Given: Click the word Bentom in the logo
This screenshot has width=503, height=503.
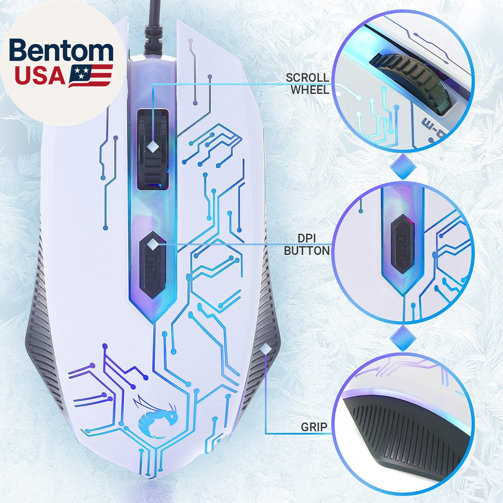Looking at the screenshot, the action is tap(61, 51).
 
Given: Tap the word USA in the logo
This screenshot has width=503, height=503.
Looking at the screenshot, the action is tap(40, 76).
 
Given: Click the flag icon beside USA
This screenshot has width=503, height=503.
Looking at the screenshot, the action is tap(91, 76).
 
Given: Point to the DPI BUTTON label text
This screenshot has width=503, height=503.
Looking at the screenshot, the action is tap(306, 244).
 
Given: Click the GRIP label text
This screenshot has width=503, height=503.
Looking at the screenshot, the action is tap(314, 427).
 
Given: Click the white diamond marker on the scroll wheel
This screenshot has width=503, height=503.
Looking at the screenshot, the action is tap(153, 146).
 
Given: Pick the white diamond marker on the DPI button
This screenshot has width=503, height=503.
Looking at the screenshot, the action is tap(153, 244).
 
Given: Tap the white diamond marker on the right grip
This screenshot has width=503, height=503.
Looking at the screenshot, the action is tap(266, 349).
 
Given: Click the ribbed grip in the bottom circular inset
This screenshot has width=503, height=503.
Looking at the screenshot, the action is tap(409, 436).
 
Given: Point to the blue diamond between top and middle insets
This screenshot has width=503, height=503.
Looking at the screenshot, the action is tap(403, 167).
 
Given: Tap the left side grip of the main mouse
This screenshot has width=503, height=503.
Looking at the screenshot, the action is tap(40, 335).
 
